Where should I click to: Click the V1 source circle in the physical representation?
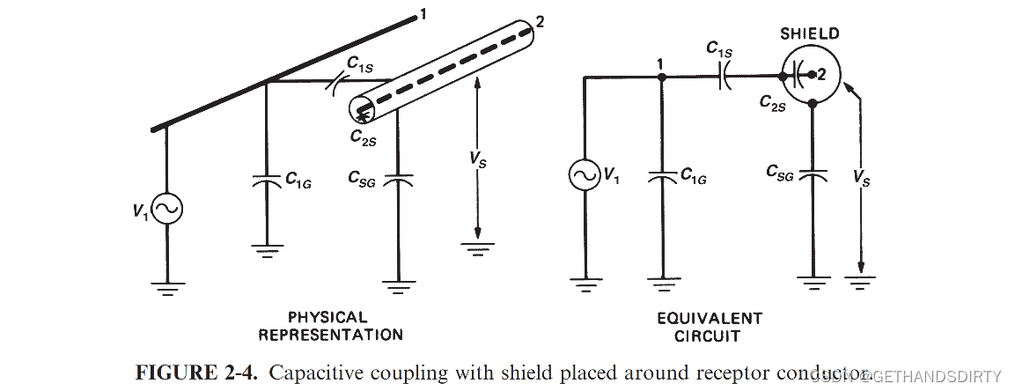[x=166, y=209]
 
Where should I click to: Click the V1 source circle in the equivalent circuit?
[x=584, y=176]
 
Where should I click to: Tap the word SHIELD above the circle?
[x=810, y=34]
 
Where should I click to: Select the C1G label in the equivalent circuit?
[x=694, y=176]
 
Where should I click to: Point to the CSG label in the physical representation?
[x=363, y=179]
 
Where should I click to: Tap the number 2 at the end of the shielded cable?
[x=540, y=22]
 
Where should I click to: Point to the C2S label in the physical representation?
[x=364, y=136]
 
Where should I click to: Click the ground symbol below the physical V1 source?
[x=166, y=286]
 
